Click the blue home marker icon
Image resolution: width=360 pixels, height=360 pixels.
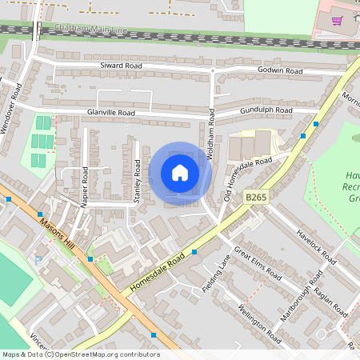180,173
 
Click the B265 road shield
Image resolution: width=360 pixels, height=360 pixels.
254,196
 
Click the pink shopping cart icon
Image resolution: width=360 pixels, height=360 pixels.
338,21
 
